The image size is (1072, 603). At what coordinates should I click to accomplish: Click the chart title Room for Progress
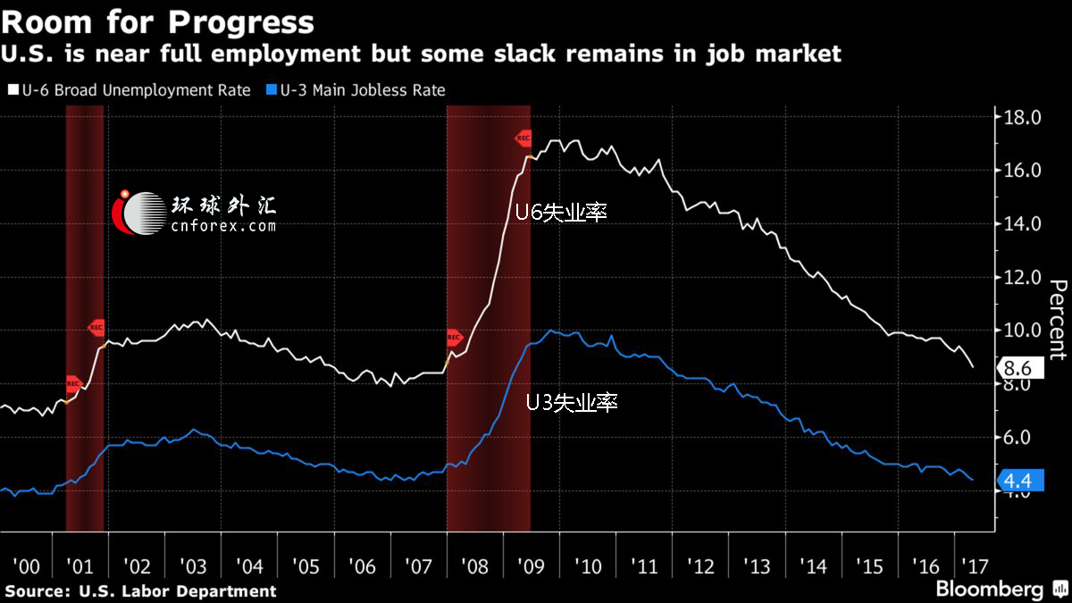click(158, 21)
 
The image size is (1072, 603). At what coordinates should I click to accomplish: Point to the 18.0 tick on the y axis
click(1023, 117)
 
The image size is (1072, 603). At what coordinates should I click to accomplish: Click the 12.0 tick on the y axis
click(1023, 277)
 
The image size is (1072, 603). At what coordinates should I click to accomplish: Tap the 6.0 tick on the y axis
click(1023, 437)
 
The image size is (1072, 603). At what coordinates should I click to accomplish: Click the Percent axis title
click(1057, 319)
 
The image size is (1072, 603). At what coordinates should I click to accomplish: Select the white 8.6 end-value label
click(1018, 368)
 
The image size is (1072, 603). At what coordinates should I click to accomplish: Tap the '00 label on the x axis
click(27, 566)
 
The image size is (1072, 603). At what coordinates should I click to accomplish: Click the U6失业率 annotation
click(561, 213)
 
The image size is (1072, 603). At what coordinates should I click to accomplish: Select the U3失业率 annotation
click(572, 403)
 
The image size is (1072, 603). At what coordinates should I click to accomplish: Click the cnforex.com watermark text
click(223, 226)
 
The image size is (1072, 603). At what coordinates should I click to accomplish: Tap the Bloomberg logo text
click(989, 590)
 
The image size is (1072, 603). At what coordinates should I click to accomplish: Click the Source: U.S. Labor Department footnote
click(140, 590)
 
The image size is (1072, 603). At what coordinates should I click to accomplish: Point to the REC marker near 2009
click(523, 138)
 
